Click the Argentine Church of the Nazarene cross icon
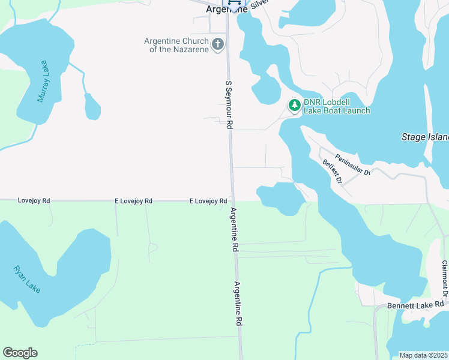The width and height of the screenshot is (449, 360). click(217, 44)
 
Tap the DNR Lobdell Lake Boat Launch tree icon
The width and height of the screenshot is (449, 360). click(294, 106)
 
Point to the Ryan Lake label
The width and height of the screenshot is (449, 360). click(27, 279)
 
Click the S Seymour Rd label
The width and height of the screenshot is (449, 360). click(229, 105)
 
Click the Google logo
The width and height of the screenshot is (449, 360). click(20, 353)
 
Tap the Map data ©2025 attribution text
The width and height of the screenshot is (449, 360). click(424, 355)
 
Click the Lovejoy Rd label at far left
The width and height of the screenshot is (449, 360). click(34, 200)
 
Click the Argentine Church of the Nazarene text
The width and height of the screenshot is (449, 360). click(176, 45)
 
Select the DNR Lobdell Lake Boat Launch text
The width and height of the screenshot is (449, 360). click(336, 106)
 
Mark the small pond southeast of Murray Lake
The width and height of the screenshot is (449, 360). click(92, 107)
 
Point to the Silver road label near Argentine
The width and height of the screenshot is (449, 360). click(258, 4)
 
